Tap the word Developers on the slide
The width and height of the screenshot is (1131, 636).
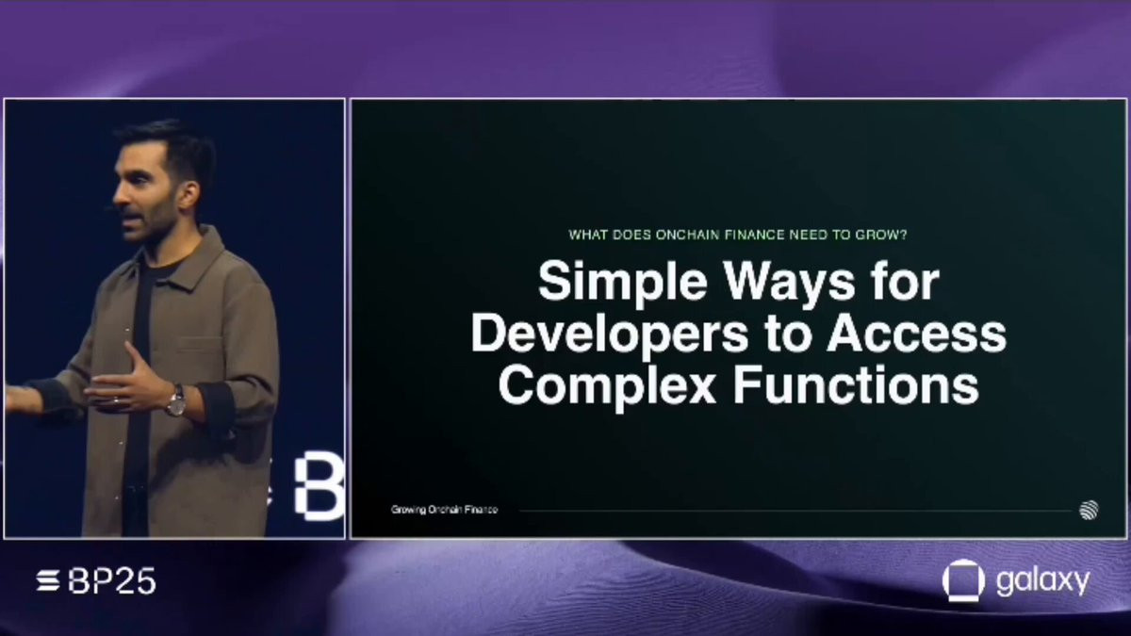pos(609,335)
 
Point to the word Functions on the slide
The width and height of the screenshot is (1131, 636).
pos(856,385)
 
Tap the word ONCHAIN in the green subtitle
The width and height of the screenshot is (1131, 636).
pos(687,235)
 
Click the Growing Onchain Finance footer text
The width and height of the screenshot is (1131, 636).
pos(444,510)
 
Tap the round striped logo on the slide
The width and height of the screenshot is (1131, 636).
pos(1089,511)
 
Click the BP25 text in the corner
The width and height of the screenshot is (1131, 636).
pos(111,581)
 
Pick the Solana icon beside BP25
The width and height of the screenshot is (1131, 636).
pos(48,581)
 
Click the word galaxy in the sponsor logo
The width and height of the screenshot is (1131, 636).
pos(1043,581)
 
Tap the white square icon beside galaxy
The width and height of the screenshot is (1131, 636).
pos(963,580)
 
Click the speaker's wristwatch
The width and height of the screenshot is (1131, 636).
pos(176,400)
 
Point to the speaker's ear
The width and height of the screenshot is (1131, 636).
pos(188,194)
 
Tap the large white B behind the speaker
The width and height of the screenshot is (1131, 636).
pos(320,486)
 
